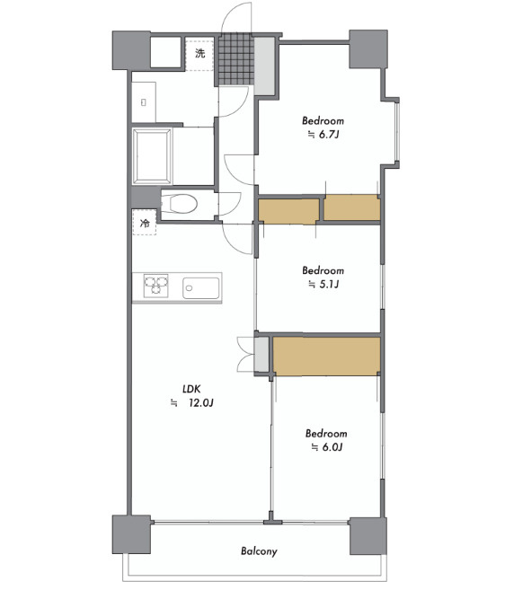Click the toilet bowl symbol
pos(179,204)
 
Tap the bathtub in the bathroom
pos(152,156)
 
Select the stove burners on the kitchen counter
pos(156,286)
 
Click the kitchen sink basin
pos(201,288)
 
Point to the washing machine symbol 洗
pos(200,53)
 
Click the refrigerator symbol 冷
pos(145,223)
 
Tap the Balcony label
pos(259,551)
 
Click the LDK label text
pos(191,389)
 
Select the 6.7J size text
pos(329,135)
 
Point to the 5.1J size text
pos(329,284)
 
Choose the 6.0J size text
pos(332,447)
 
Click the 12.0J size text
pos(200,402)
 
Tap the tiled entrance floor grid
pos(236,59)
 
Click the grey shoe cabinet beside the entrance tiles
pos(264,66)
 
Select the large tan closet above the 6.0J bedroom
pos(327,356)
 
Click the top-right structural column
pos(368,49)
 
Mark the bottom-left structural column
pos(131,534)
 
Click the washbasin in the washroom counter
pos(144,102)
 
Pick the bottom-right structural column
pos(368,536)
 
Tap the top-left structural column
pos(131,50)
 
